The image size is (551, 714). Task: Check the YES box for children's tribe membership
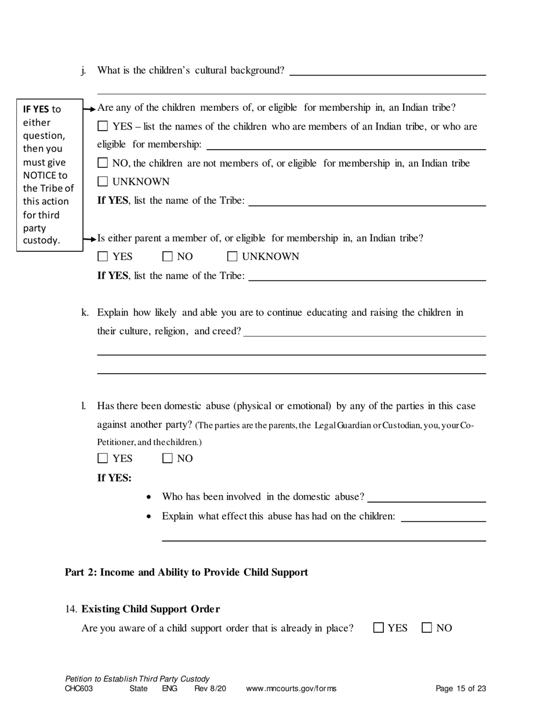(x=103, y=126)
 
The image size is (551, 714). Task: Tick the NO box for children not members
(x=103, y=163)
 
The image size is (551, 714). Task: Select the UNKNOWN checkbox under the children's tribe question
(x=103, y=182)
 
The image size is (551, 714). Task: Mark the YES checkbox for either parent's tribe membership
(x=103, y=256)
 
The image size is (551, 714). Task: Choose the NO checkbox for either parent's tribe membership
(x=168, y=256)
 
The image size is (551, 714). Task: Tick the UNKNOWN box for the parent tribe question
(x=233, y=256)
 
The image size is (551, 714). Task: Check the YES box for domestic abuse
(x=103, y=458)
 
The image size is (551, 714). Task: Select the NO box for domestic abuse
(x=168, y=458)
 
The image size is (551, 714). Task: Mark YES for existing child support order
(x=379, y=628)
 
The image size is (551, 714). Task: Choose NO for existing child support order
(x=427, y=628)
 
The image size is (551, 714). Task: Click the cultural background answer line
(x=387, y=71)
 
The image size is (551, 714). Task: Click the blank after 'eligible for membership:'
(x=346, y=145)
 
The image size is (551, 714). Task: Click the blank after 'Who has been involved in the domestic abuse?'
(x=427, y=497)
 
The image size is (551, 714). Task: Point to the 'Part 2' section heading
(x=186, y=572)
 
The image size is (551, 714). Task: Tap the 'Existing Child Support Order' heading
(x=150, y=609)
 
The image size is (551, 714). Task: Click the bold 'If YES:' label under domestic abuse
(x=114, y=478)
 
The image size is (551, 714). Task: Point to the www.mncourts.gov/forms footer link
(x=291, y=689)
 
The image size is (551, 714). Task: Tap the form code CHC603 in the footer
(x=79, y=689)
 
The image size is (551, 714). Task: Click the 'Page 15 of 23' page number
(x=461, y=689)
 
